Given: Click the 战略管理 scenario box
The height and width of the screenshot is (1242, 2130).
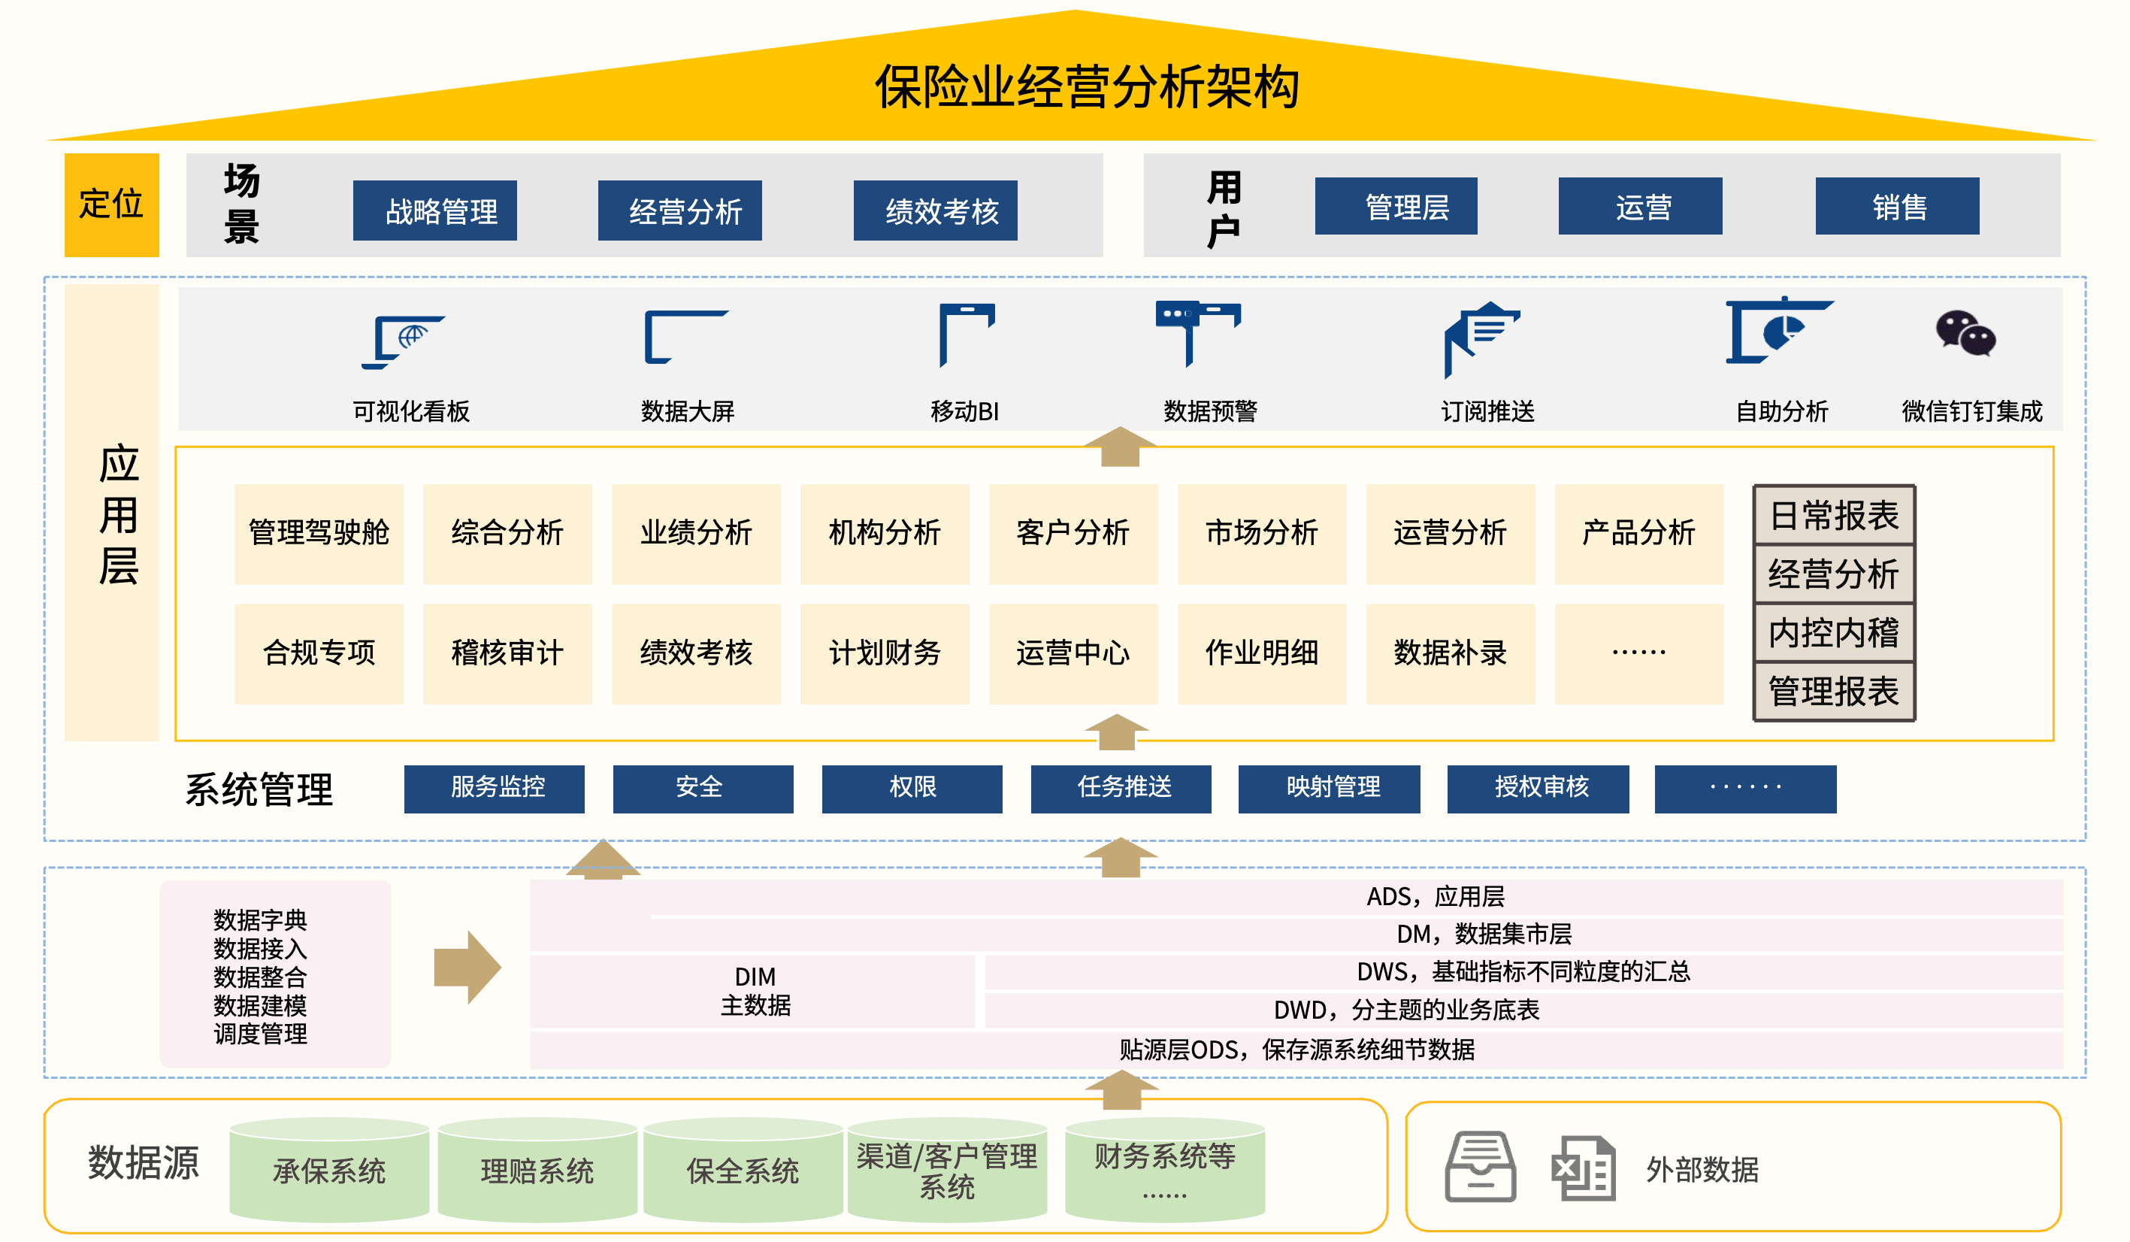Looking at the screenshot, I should tap(434, 211).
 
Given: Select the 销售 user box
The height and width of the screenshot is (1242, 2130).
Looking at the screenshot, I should tap(1897, 206).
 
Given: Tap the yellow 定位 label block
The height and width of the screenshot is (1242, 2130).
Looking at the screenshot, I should tap(111, 204).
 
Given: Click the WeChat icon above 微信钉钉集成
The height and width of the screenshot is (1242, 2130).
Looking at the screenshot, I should tap(1965, 334).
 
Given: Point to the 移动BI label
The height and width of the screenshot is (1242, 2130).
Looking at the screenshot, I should tap(964, 411).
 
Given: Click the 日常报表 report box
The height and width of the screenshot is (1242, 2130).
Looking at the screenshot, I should tap(1833, 516).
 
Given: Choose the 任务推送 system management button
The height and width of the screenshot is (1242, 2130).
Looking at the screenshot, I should tap(1121, 788).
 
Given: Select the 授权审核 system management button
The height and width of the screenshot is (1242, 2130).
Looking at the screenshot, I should tap(1538, 788).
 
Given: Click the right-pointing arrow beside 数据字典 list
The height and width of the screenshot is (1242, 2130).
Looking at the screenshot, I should tap(467, 968).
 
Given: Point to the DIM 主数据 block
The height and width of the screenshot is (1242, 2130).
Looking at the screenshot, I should tap(755, 991).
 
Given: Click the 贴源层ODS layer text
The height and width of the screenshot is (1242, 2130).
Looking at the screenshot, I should tap(1296, 1050).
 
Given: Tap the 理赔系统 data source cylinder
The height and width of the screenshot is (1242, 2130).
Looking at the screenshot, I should tap(537, 1171).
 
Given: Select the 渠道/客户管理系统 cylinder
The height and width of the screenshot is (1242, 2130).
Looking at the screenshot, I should tap(947, 1171).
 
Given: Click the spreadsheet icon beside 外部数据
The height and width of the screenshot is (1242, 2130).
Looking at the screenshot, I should tap(1583, 1168).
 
